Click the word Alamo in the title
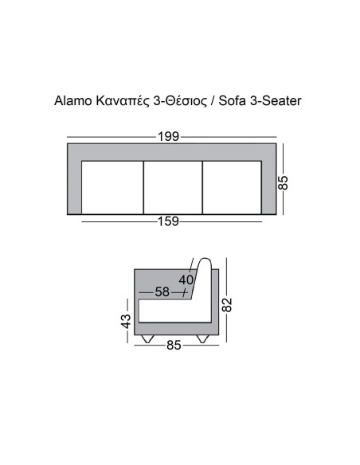(72, 102)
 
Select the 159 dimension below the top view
(167, 222)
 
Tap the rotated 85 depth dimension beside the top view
(283, 181)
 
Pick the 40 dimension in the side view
(187, 279)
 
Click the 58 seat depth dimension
(162, 292)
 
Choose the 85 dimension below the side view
(175, 346)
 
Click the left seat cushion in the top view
(112, 187)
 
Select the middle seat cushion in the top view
(172, 187)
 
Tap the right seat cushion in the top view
(233, 187)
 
